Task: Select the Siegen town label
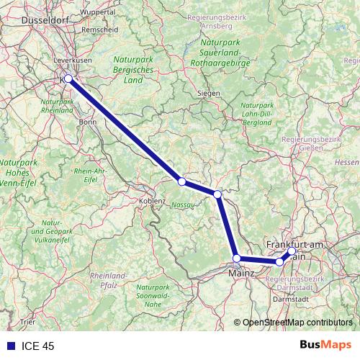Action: pos(208,93)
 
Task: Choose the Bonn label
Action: pos(88,122)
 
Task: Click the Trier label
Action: pos(28,321)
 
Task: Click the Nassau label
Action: pos(184,204)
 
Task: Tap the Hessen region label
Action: pos(347,163)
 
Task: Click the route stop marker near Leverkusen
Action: pos(68,78)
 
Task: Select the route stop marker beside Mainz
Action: pos(236,258)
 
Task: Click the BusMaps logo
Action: pos(326,346)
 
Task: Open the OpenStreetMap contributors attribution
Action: pos(296,323)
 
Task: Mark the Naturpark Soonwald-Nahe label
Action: pos(153,296)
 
